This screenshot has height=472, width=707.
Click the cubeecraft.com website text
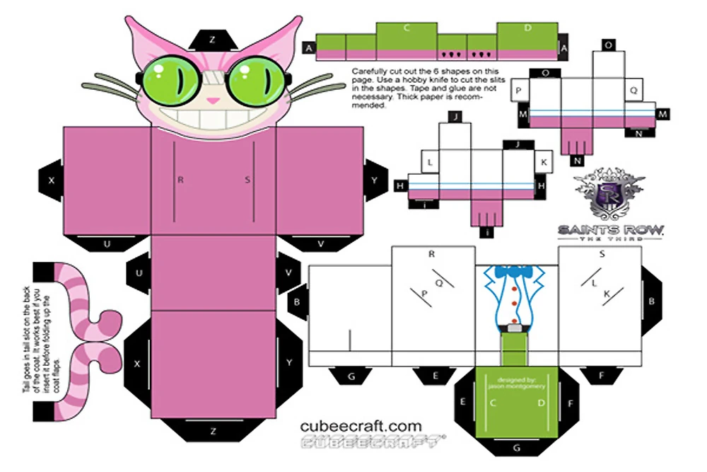click(x=361, y=427)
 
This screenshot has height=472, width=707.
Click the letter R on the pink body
click(x=181, y=180)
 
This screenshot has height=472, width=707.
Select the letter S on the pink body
click(x=247, y=180)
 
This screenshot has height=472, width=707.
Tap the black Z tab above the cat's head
click(x=212, y=38)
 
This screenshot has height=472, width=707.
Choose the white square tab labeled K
click(x=543, y=161)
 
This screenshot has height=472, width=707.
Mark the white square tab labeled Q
click(x=633, y=90)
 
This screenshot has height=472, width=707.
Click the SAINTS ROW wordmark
click(x=611, y=229)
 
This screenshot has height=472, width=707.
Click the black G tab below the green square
click(x=515, y=447)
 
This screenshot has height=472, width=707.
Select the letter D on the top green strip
click(x=527, y=28)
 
